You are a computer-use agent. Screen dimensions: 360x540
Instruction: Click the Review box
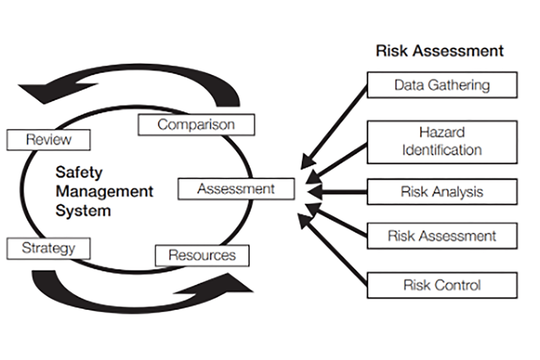(x=48, y=139)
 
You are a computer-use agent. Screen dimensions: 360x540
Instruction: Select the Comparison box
(x=196, y=124)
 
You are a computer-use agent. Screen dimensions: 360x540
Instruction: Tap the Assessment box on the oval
(x=236, y=189)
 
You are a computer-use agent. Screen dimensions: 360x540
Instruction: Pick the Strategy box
(x=48, y=247)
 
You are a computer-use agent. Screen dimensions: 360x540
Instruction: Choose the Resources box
(x=202, y=256)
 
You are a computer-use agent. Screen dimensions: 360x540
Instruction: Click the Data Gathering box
(x=442, y=85)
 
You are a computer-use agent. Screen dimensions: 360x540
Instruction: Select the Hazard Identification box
(x=442, y=142)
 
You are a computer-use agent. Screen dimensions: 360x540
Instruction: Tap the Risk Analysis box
(x=442, y=192)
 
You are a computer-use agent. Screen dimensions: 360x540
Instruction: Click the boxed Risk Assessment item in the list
(x=442, y=236)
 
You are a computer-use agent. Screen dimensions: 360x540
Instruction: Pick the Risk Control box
(x=442, y=285)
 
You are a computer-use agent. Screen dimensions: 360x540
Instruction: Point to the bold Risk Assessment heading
(x=439, y=51)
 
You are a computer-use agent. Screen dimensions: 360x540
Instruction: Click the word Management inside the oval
(x=104, y=191)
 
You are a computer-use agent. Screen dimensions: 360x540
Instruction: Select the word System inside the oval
(x=83, y=211)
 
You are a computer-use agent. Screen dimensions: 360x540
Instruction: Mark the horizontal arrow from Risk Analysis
(x=337, y=192)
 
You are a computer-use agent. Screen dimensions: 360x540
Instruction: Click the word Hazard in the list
(x=442, y=133)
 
